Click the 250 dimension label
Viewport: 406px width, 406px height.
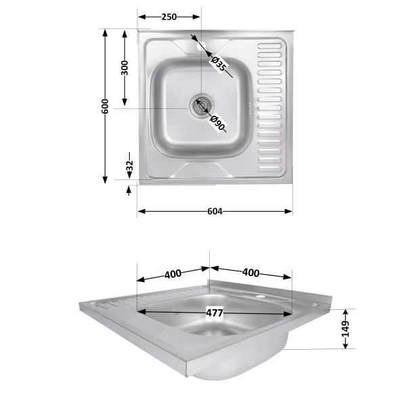click(x=169, y=17)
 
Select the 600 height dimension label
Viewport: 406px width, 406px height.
click(x=105, y=106)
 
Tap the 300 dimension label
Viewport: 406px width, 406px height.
click(x=125, y=68)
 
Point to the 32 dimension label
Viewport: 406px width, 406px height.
click(x=129, y=166)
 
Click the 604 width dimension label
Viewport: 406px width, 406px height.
click(x=215, y=212)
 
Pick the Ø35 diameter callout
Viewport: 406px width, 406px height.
click(x=219, y=64)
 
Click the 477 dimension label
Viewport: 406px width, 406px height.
click(x=215, y=313)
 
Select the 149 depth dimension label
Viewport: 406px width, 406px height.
click(x=345, y=329)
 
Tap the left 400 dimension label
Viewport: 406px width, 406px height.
click(x=173, y=274)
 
